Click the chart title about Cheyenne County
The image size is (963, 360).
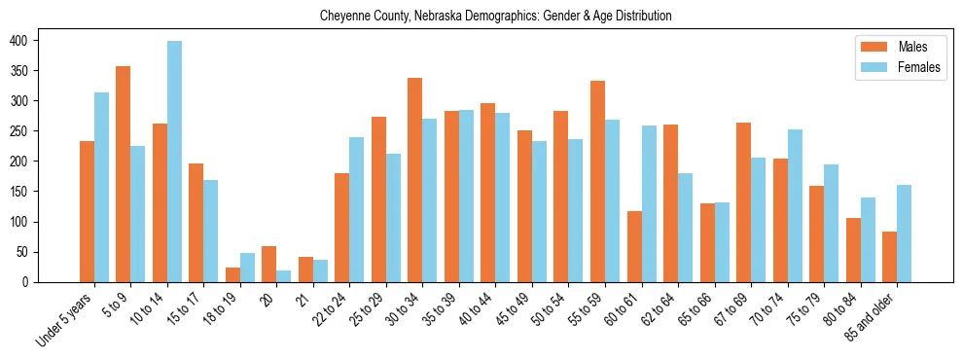tap(495, 17)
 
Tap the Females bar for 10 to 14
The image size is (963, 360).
tap(174, 162)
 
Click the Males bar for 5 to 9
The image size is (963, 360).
tap(124, 174)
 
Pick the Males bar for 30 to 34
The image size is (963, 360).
tap(415, 180)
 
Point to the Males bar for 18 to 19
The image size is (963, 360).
tap(232, 274)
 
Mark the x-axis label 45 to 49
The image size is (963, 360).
tap(511, 312)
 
